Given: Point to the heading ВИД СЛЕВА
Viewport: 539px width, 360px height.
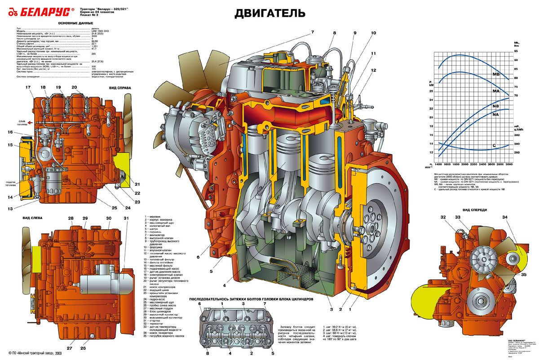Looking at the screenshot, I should [33, 218].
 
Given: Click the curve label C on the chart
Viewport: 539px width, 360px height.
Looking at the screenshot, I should [494, 145].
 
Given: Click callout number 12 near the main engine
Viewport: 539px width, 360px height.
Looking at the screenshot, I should [374, 70].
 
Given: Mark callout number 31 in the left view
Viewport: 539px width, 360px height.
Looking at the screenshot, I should [126, 218].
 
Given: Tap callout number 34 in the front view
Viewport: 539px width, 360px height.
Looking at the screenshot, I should [505, 218].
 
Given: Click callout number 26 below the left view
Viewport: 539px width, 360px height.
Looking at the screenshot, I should [83, 348].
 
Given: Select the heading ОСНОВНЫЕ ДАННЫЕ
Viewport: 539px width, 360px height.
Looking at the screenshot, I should [76, 23].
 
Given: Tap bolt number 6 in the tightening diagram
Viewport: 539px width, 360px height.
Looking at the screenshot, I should [200, 304].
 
